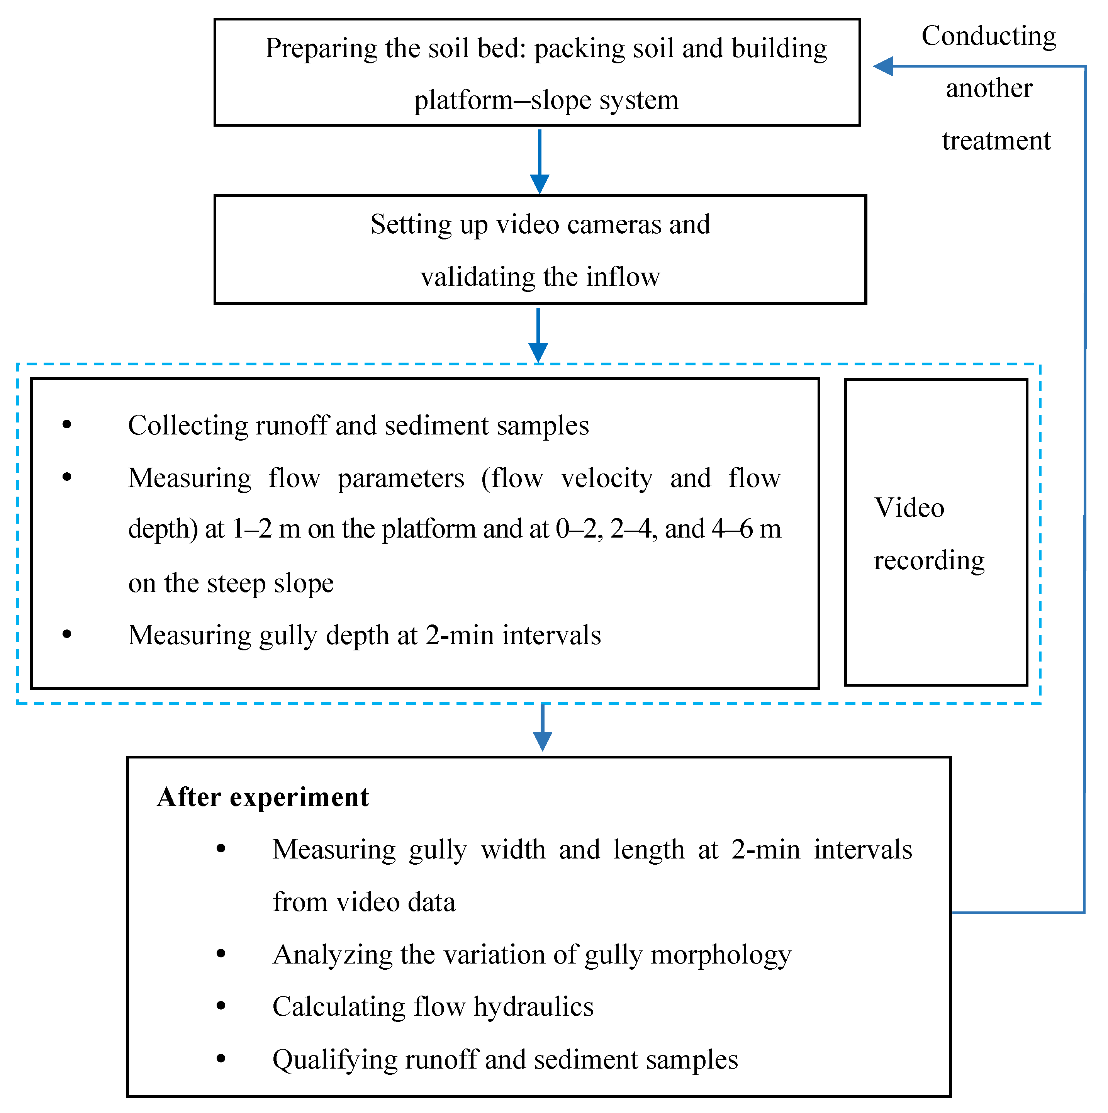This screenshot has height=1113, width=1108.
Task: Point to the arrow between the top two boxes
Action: pos(539,162)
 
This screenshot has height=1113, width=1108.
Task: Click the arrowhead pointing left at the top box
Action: pos(883,66)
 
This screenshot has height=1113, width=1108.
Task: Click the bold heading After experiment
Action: pos(263,798)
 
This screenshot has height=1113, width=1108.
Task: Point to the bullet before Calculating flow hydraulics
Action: pos(221,1006)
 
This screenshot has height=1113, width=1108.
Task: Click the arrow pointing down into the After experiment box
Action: pos(543,727)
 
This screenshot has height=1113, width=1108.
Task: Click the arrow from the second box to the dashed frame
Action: pos(538,335)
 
